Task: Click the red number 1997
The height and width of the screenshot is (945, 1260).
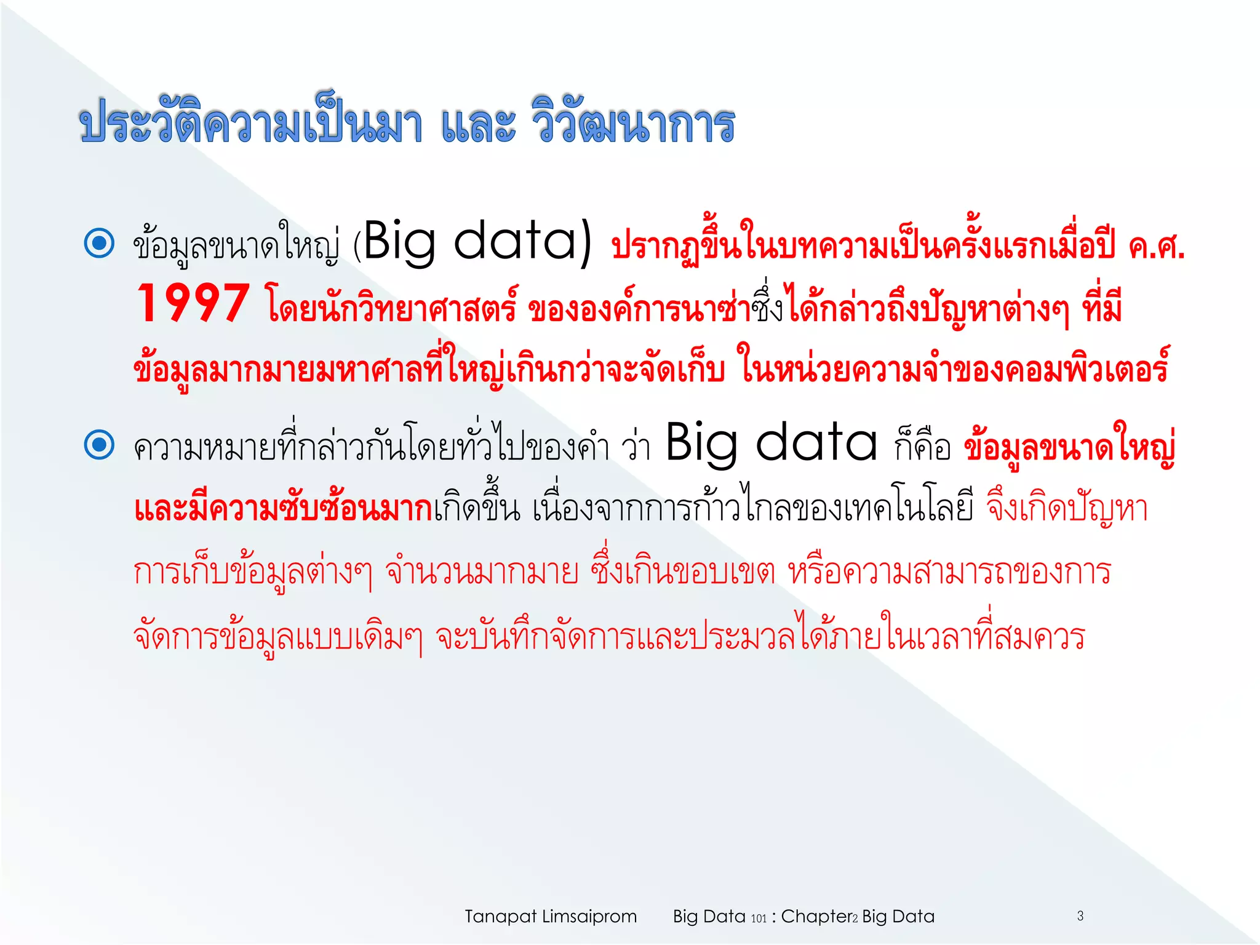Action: pyautogui.click(x=193, y=303)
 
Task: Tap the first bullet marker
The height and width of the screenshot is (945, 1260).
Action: pyautogui.click(x=99, y=243)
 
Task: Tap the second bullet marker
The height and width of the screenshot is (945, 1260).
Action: pyautogui.click(x=99, y=445)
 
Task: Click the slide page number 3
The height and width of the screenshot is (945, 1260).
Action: pyautogui.click(x=1080, y=916)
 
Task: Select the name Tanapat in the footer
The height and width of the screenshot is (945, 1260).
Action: pyautogui.click(x=500, y=917)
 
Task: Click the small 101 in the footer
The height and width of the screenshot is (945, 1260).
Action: pyautogui.click(x=759, y=919)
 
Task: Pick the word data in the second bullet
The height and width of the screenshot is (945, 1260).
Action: pyautogui.click(x=816, y=442)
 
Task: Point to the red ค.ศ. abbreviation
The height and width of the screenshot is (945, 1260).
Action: pyautogui.click(x=1156, y=247)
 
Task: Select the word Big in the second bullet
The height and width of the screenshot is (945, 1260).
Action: pyautogui.click(x=702, y=442)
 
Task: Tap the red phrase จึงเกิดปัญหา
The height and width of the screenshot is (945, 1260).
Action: pyautogui.click(x=1067, y=509)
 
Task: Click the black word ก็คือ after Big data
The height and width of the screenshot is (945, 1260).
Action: pyautogui.click(x=922, y=446)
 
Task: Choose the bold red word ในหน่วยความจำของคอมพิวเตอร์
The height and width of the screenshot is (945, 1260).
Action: pyautogui.click(x=954, y=369)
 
